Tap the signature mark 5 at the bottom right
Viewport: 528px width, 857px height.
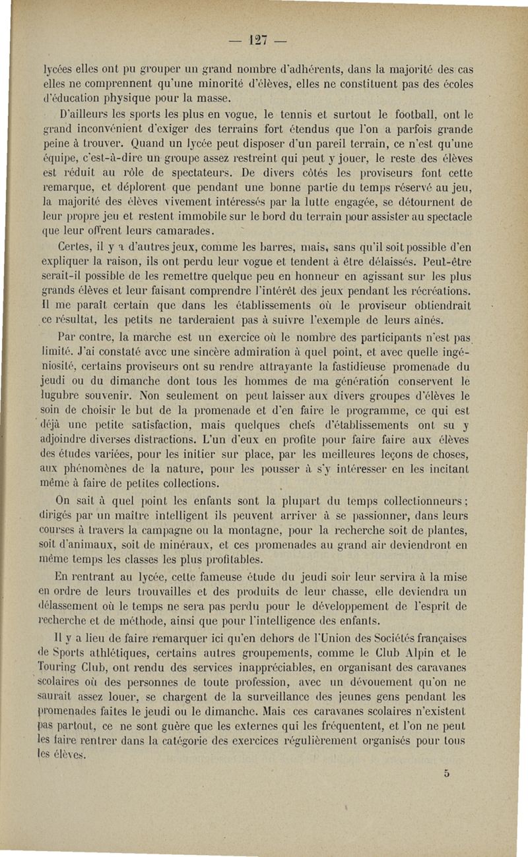click(x=447, y=774)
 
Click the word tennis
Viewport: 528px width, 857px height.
click(x=283, y=115)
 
